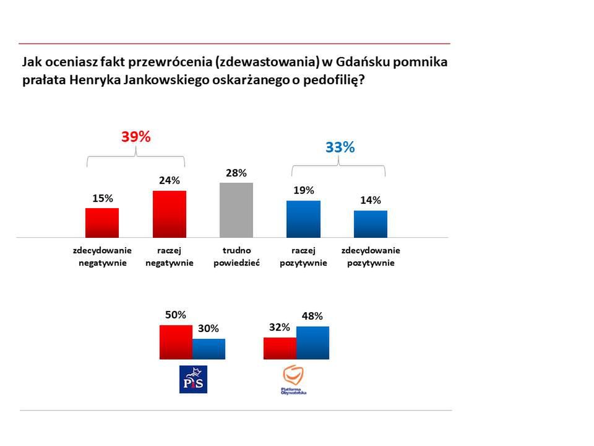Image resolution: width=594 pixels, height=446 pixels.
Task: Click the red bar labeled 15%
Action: pyautogui.click(x=102, y=222)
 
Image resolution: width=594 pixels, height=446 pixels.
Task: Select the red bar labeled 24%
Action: pyautogui.click(x=170, y=214)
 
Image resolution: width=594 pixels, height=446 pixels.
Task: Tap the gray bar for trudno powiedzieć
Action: pyautogui.click(x=236, y=210)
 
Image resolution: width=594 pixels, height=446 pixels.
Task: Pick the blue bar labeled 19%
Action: pyautogui.click(x=304, y=219)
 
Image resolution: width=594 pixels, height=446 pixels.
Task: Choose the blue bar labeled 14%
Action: pyautogui.click(x=371, y=224)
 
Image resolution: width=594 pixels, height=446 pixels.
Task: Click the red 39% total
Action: pyautogui.click(x=136, y=138)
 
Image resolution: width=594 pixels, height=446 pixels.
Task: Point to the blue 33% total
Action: pyautogui.click(x=340, y=147)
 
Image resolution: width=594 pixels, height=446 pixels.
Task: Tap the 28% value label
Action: pyautogui.click(x=236, y=173)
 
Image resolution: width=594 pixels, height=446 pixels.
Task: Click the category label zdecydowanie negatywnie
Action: pyautogui.click(x=103, y=256)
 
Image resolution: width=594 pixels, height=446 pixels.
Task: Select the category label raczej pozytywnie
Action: pyautogui.click(x=304, y=256)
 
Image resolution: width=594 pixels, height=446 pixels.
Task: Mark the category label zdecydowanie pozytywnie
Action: pyautogui.click(x=371, y=256)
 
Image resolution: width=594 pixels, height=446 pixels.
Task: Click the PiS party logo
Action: pyautogui.click(x=192, y=379)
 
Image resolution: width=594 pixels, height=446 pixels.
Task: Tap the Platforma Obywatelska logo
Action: pyautogui.click(x=294, y=379)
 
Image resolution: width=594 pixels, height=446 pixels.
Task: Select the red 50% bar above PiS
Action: pyautogui.click(x=176, y=342)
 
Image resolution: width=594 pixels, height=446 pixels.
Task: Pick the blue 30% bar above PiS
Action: pyautogui.click(x=209, y=349)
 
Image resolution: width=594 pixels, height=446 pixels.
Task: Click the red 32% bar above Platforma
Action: pyautogui.click(x=280, y=348)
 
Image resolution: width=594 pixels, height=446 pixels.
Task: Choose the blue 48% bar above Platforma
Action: pyautogui.click(x=312, y=343)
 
